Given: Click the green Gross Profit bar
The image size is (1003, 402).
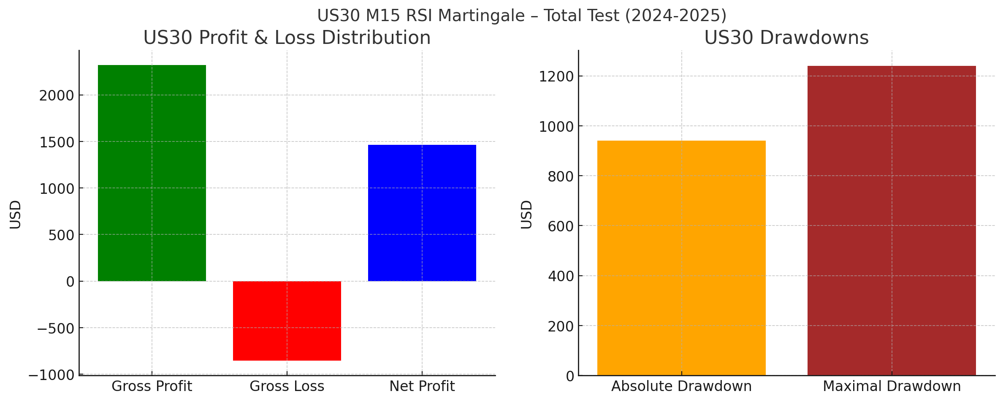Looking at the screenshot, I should [x=152, y=173].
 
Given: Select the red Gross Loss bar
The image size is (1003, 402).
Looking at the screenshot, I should [x=287, y=321].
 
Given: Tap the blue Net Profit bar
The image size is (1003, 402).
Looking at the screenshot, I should [x=422, y=213].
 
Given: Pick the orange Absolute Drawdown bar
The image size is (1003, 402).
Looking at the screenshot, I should [x=681, y=258].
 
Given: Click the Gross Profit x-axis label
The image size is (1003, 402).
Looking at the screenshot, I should [x=152, y=386].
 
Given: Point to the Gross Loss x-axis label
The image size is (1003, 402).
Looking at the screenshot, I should [x=287, y=386].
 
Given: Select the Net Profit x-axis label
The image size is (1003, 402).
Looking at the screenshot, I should [x=422, y=386].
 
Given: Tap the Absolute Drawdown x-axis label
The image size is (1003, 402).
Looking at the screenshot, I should [x=681, y=386].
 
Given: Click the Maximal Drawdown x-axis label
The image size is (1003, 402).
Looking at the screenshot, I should [x=892, y=386].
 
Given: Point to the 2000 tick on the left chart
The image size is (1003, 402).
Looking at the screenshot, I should [x=57, y=96].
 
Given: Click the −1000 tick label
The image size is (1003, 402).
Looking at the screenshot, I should [x=51, y=375].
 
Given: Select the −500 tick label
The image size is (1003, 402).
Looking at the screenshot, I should [x=56, y=329].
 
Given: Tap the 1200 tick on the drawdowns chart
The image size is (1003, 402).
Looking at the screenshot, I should [x=556, y=77].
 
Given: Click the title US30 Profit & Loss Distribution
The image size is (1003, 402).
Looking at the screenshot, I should [x=287, y=38].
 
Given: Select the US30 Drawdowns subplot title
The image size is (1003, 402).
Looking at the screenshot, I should [x=786, y=38].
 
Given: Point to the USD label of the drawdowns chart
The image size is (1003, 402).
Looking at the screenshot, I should [x=526, y=215].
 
